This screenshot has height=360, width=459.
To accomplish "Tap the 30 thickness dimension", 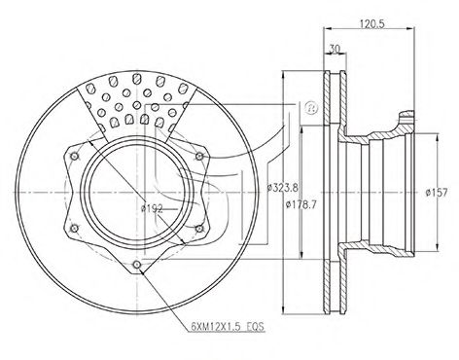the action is [x=335, y=49].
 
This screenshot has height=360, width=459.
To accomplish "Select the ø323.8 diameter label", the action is [x=282, y=187].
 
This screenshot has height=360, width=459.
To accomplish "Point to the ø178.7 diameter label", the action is [x=300, y=205].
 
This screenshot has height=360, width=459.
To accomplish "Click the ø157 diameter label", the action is [x=437, y=193].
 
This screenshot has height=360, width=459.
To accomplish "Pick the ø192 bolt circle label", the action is [x=152, y=208].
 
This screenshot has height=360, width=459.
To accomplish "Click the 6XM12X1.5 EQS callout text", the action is [x=228, y=326].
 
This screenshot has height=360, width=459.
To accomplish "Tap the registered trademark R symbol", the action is [x=311, y=108].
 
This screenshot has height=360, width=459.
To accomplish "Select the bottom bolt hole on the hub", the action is [x=137, y=265].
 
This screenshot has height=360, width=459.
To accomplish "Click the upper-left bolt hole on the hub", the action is [x=75, y=157].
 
